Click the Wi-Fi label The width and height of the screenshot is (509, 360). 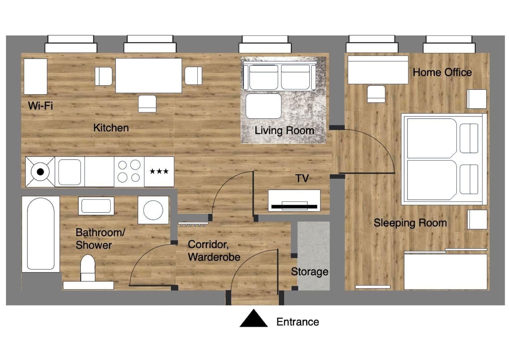tap(40, 106)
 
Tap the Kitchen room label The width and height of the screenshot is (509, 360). tap(111, 128)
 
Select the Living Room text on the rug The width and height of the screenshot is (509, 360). tap(284, 130)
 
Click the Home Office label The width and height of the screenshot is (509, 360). tap(442, 72)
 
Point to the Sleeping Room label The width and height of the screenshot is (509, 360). tap(410, 223)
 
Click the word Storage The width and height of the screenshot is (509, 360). tap(309, 272)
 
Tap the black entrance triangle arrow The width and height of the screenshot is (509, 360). tap(254, 319)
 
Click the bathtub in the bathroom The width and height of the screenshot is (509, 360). tap(41, 234)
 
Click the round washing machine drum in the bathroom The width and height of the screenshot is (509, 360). tap(153, 210)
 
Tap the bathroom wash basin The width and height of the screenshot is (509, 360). tap(96, 205)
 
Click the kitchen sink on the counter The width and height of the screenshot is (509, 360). tap(70, 172)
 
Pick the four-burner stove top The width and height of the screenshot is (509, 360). tap(129, 171)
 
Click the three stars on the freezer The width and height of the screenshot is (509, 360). tap(159, 172)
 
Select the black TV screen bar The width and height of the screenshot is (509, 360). tap(294, 206)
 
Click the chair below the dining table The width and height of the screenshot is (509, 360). tap(147, 104)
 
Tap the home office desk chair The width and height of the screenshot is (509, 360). tap(376, 94)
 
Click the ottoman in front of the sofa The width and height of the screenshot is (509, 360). tap(263, 106)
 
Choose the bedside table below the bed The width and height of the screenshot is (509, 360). tap(477, 220)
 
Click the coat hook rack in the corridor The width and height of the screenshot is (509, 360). tap(193, 224)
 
